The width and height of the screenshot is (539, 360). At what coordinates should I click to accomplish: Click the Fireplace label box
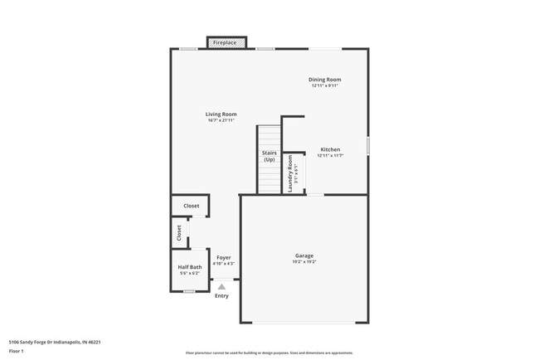[225, 42]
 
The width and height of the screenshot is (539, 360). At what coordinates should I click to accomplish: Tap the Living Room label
[222, 114]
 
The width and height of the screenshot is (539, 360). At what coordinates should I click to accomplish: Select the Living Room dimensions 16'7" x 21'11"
[222, 121]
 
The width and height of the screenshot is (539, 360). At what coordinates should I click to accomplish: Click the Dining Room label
[325, 80]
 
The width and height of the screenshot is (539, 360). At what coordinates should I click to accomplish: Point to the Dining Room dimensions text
[325, 86]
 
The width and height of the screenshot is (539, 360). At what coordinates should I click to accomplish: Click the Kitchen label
[331, 150]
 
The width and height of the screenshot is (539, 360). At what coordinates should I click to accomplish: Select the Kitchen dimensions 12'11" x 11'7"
[331, 156]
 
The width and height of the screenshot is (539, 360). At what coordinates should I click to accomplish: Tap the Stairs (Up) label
[269, 156]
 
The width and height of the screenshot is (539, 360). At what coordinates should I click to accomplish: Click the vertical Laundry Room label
[290, 174]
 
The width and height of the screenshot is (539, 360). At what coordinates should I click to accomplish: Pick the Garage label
[304, 255]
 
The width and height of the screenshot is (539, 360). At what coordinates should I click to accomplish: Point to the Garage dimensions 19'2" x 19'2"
[304, 262]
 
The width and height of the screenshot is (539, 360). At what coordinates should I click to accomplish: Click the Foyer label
[224, 257]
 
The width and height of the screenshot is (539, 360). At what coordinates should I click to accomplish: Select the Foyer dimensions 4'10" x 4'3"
[224, 264]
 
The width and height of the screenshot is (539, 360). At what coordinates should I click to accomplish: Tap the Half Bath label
[190, 266]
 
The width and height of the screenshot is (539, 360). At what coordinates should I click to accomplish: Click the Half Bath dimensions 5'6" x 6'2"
[190, 273]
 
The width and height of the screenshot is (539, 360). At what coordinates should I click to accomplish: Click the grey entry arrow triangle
[221, 287]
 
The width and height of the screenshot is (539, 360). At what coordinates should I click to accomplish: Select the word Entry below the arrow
[221, 296]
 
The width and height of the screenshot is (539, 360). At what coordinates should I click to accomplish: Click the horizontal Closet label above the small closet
[191, 206]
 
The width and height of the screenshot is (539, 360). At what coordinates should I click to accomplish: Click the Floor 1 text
[17, 351]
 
